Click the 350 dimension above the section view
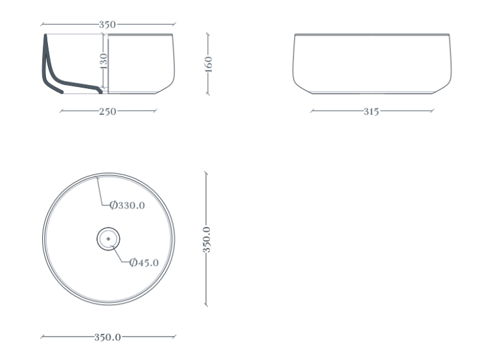click(x=107, y=25)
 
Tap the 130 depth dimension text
click(x=104, y=61)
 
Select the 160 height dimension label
click(x=209, y=64)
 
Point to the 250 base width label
click(x=108, y=112)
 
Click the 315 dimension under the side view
click(x=371, y=112)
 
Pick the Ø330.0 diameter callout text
click(x=128, y=205)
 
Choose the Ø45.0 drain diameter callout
click(x=144, y=263)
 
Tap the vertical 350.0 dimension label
click(x=207, y=239)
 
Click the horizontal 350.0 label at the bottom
click(x=108, y=337)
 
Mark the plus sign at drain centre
click(x=108, y=239)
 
